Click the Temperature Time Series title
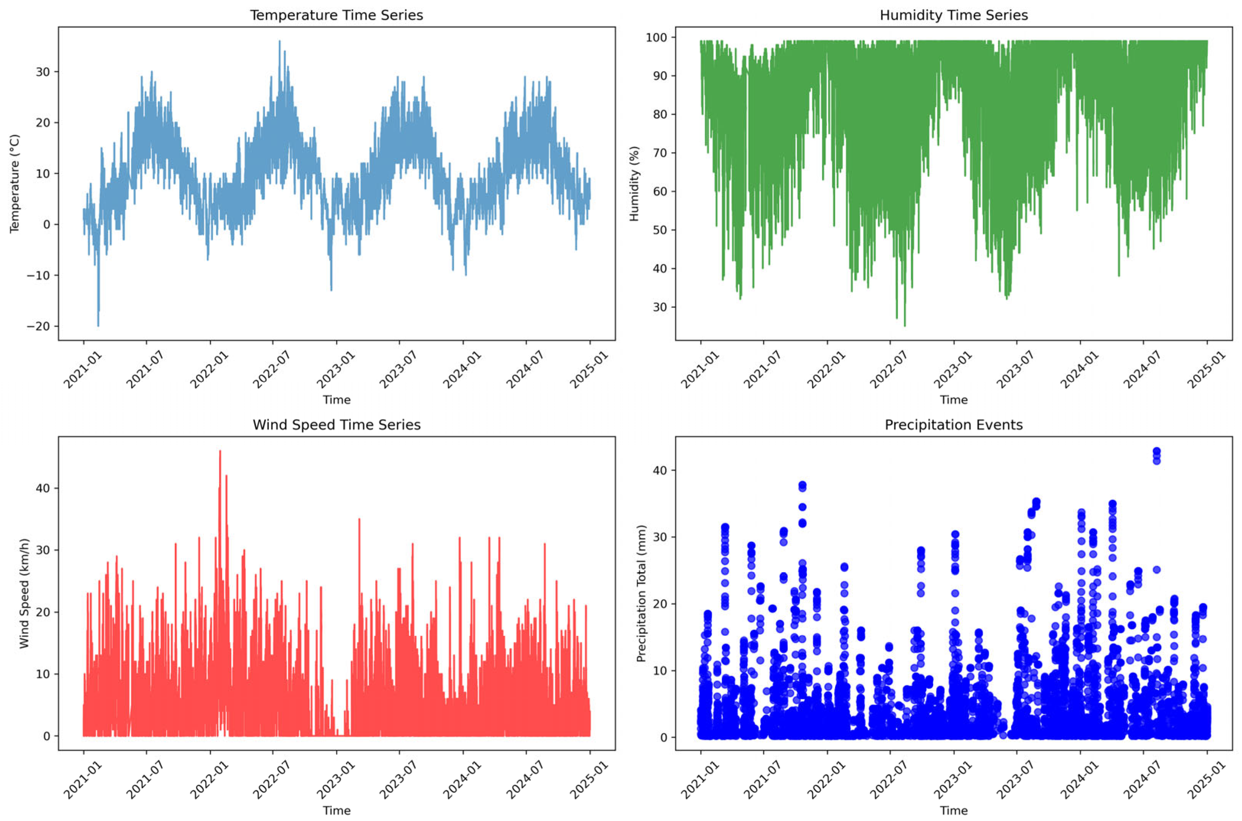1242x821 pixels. coord(336,15)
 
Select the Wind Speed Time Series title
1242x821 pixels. coord(336,425)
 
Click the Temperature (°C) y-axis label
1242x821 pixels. coord(14,183)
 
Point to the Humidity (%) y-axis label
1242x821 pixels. coord(634,183)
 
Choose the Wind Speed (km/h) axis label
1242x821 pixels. coord(24,593)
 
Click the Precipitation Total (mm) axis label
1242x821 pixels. coord(641,593)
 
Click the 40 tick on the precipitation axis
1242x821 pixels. coord(660,470)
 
